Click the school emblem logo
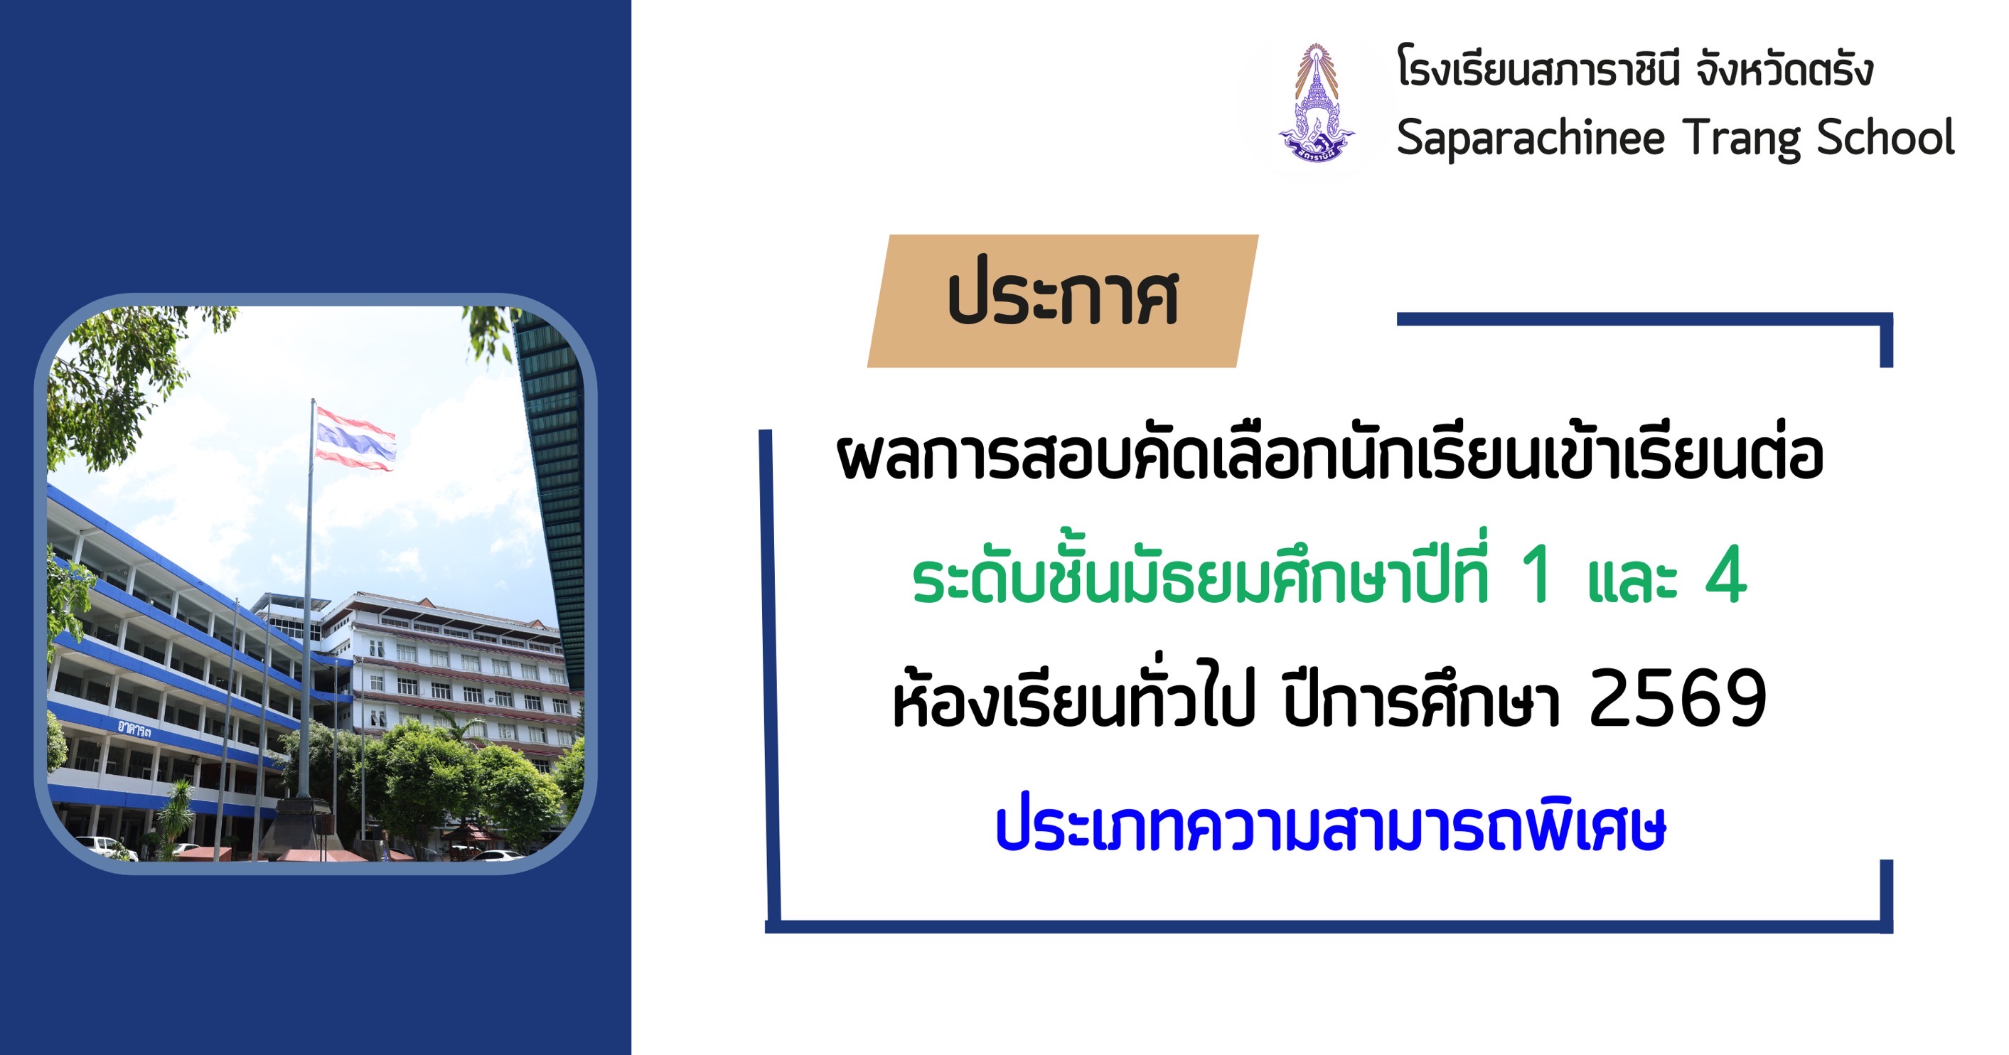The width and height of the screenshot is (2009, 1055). (x=1317, y=103)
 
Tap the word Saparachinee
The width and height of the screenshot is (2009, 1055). (x=1529, y=139)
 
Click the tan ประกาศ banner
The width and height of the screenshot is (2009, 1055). (x=1062, y=300)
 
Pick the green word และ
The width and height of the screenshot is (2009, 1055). (x=1633, y=580)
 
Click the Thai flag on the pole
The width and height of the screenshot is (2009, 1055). (x=355, y=439)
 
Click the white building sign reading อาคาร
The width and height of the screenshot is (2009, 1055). (x=134, y=729)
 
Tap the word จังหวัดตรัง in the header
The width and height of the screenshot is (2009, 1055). (x=1784, y=69)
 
